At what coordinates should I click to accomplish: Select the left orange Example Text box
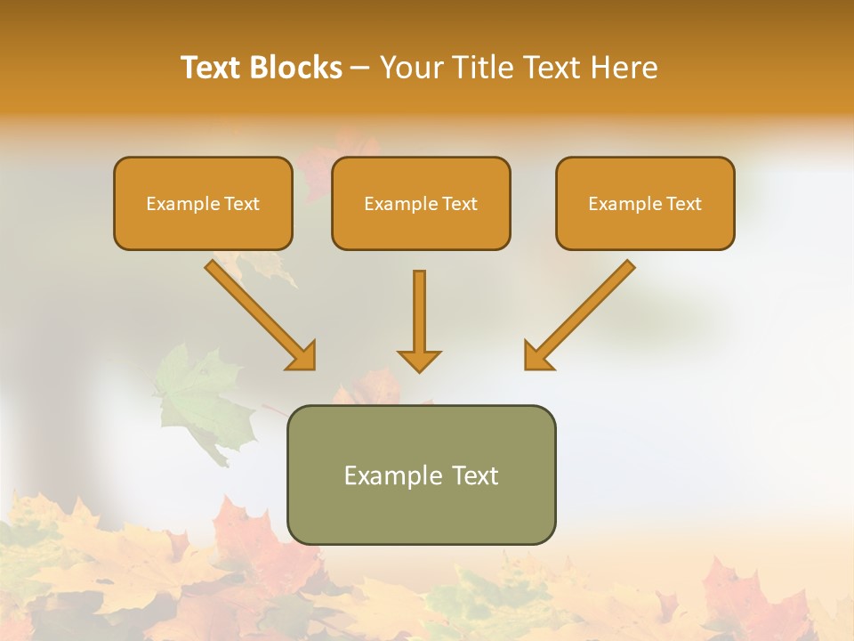203,203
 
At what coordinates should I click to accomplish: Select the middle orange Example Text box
421,203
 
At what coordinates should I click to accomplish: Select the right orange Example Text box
645,203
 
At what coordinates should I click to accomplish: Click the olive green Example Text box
421,475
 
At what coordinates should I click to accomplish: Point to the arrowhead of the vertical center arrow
419,361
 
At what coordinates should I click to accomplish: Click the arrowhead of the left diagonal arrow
302,356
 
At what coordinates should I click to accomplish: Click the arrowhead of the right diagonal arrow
536,356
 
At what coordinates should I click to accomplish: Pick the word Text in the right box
683,204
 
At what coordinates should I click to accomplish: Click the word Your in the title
411,68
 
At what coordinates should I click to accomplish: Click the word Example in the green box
392,475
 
